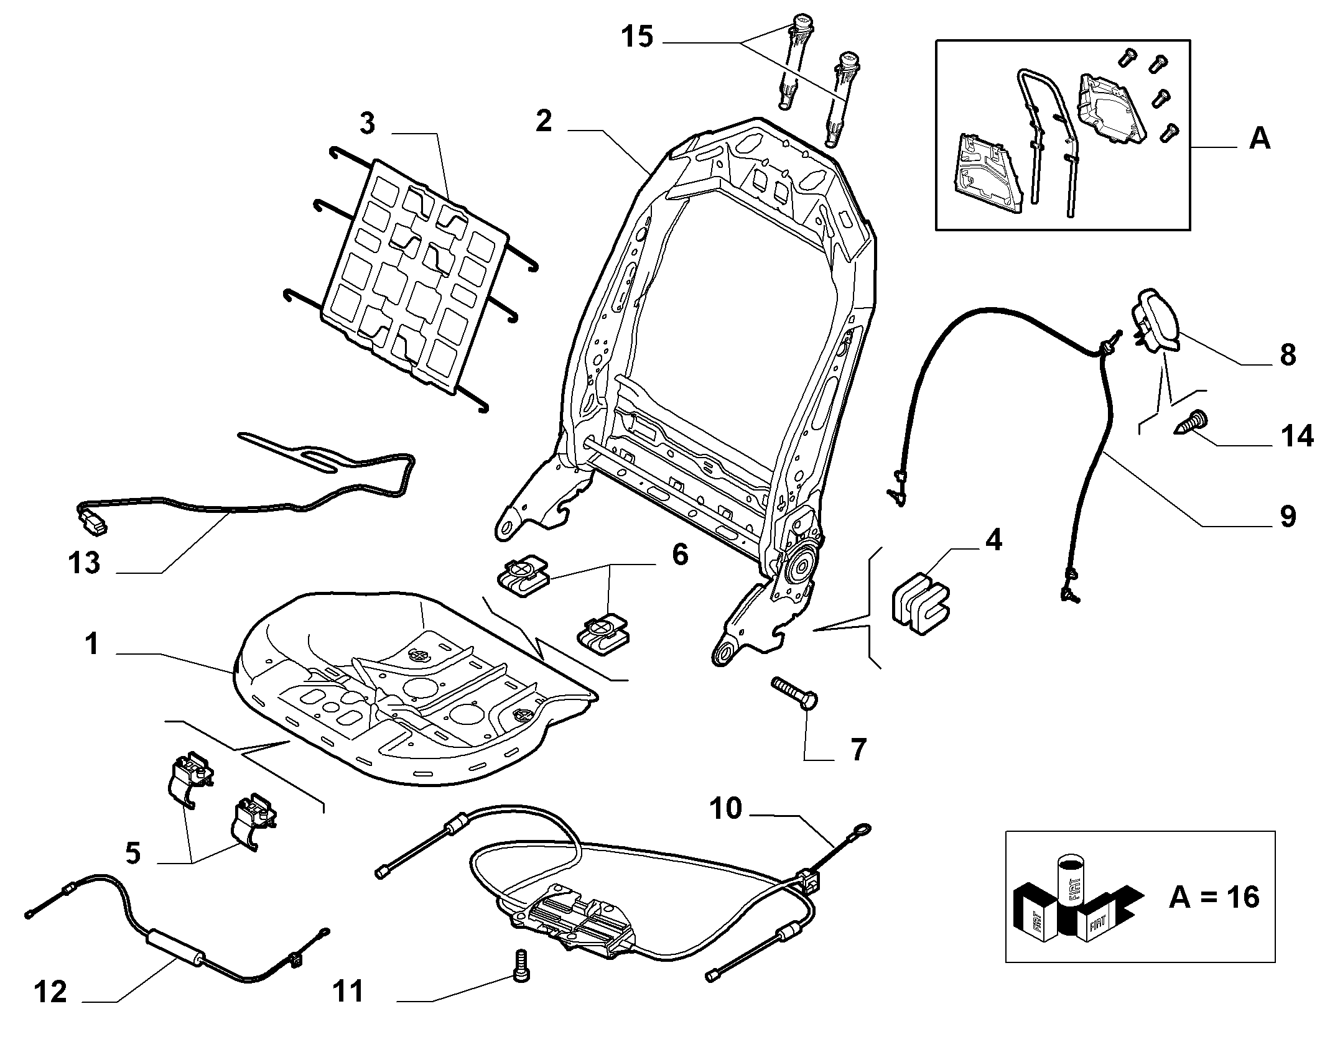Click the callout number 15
[638, 37]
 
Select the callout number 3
[368, 124]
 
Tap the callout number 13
[85, 563]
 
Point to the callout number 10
[726, 809]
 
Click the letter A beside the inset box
[1260, 138]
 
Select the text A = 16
[1214, 898]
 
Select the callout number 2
[544, 121]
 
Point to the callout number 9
[1287, 515]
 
